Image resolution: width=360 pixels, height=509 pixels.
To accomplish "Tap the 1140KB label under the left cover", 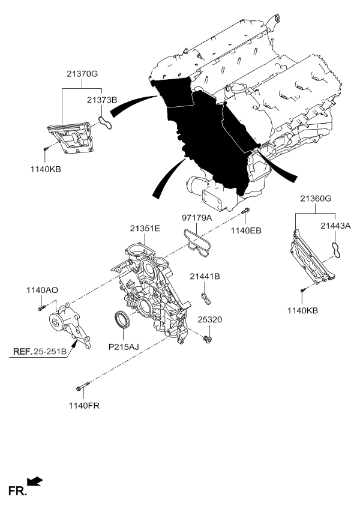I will coord(46,169).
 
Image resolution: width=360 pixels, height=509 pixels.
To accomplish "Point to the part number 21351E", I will coord(145,228).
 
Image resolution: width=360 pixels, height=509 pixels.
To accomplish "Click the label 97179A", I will coord(197,218).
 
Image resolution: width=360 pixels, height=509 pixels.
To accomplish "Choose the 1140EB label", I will coord(247,230).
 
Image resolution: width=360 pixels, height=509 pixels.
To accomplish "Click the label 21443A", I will coord(336,226).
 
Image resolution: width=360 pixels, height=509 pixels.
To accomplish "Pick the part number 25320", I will coord(210,320).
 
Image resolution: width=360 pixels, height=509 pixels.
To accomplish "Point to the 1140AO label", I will coord(41,290).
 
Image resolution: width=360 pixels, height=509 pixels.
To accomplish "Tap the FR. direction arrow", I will coord(35,481).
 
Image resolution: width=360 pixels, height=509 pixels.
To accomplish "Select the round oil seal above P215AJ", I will coord(121,321).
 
